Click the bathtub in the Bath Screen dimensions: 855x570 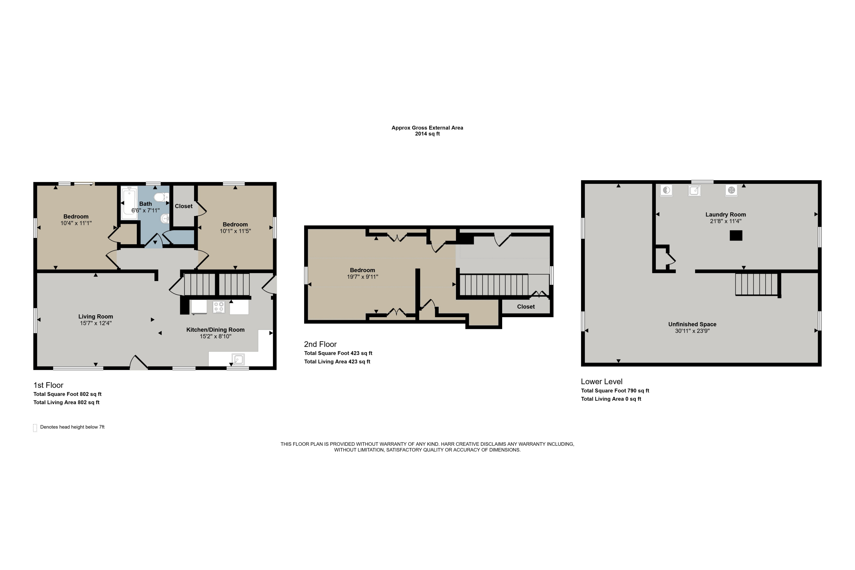pos(129,203)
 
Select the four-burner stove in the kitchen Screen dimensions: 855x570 pos(219,307)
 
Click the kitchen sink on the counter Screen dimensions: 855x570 pos(238,359)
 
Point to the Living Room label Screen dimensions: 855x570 pos(95,317)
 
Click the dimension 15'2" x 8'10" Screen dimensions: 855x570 pos(215,336)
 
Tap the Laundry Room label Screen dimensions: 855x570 pos(726,215)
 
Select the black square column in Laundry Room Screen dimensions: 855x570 pos(736,236)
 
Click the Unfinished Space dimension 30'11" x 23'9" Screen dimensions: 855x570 pos(692,331)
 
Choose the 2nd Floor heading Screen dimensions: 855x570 pos(320,344)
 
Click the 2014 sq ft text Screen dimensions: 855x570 pos(427,134)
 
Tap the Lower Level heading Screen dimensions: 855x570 pos(602,382)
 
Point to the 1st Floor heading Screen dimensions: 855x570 pos(48,385)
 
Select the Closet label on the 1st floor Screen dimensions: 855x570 pos(184,206)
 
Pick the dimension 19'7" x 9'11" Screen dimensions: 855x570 pos(363,277)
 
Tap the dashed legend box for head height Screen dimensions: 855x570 pos(35,427)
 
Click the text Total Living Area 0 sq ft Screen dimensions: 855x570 pos(611,399)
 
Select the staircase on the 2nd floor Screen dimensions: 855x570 pos(494,285)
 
